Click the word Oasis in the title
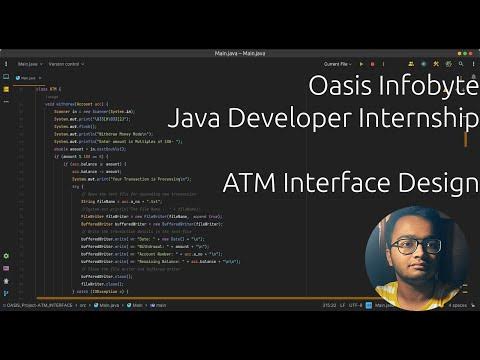point(338,86)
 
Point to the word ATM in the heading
point(252,184)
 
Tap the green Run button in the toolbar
point(362,64)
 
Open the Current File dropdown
point(336,64)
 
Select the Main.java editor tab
point(28,77)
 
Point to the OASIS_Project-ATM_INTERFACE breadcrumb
point(46,304)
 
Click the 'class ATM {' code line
point(47,88)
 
